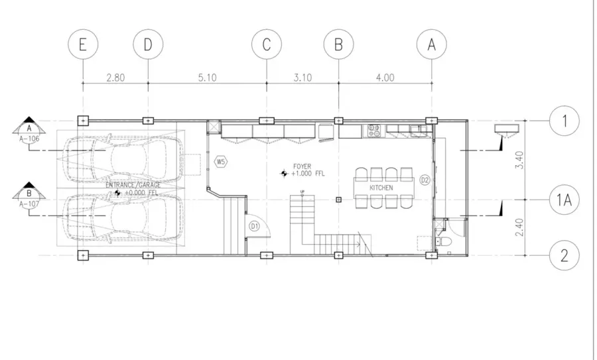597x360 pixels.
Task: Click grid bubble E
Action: click(82, 45)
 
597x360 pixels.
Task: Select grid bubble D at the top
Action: click(147, 45)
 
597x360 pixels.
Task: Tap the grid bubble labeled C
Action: click(266, 45)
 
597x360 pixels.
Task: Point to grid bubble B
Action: click(338, 45)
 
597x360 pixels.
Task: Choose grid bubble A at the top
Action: click(432, 45)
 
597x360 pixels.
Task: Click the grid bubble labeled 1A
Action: click(564, 199)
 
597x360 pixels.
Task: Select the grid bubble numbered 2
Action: click(564, 255)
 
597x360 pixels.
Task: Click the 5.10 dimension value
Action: click(207, 78)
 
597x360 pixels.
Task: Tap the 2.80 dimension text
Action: click(115, 78)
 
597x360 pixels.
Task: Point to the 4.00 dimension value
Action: click(385, 78)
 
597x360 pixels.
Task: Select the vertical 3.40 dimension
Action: click(519, 160)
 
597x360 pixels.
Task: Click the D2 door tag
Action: click(425, 179)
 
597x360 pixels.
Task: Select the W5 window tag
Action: click(221, 161)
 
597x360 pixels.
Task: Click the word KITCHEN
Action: click(381, 188)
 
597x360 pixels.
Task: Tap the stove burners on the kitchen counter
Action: click(373, 130)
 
